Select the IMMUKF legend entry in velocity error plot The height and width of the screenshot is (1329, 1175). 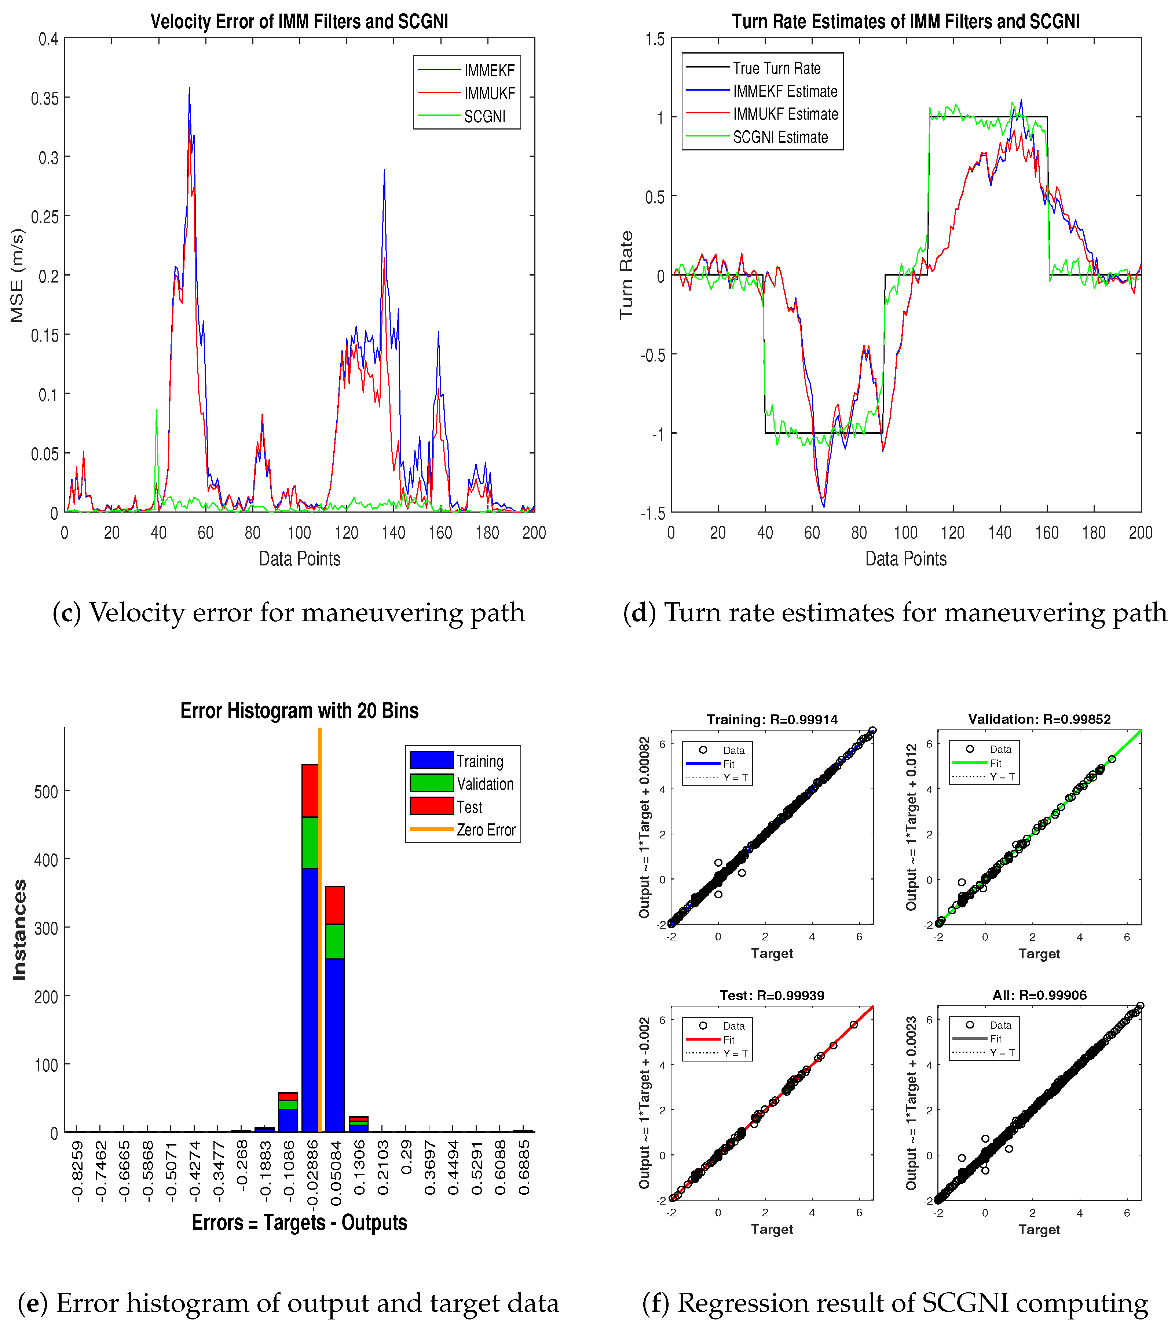pos(489,94)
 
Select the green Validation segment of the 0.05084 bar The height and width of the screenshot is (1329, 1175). pos(335,941)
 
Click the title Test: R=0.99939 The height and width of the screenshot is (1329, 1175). pos(772,995)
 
